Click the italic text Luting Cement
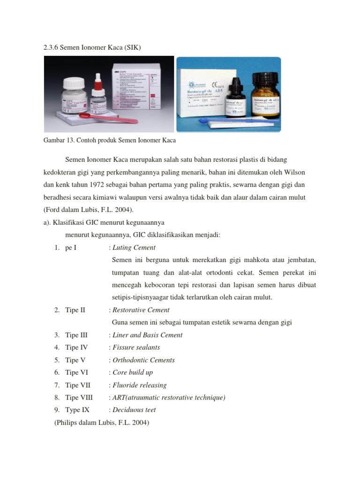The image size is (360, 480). click(x=134, y=247)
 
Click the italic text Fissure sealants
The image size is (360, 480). click(x=136, y=347)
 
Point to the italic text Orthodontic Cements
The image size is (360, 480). click(x=143, y=360)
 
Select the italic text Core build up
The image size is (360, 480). click(x=133, y=373)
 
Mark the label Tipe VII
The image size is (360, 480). click(x=77, y=385)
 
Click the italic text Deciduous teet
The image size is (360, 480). click(x=134, y=410)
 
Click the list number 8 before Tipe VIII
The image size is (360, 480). click(x=56, y=397)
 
